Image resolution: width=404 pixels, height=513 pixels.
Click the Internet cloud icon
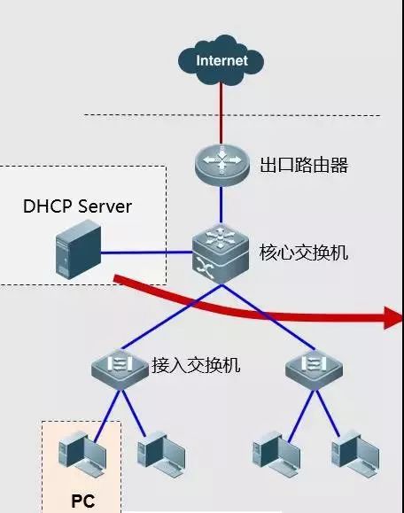(221, 61)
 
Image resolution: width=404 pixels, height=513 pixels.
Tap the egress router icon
(221, 163)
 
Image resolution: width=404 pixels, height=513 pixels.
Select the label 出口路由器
(304, 165)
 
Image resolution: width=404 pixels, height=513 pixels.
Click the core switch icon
(221, 253)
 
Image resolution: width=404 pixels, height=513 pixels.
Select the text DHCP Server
(77, 206)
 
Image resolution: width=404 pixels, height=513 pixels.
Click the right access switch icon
(315, 366)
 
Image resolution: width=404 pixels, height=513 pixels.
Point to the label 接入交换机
(196, 364)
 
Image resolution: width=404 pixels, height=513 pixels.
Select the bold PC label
(82, 501)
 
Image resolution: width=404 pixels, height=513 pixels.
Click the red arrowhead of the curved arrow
(392, 316)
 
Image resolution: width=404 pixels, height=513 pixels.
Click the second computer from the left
(158, 452)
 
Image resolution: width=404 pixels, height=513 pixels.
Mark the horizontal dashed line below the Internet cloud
(133, 115)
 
